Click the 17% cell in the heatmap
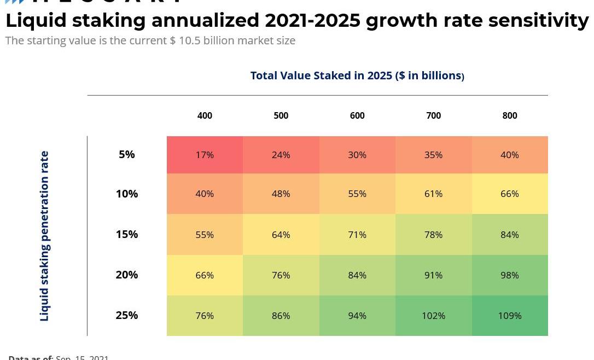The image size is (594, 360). pos(205,155)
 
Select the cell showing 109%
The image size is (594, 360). pos(510,316)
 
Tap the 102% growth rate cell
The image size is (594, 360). pos(433,316)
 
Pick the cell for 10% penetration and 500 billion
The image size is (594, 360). pos(281,194)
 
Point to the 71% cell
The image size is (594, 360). pos(357,235)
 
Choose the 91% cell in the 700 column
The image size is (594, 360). pos(433,275)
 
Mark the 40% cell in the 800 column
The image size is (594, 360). pos(510,155)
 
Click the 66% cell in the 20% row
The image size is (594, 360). pos(205,275)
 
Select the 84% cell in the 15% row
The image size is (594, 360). pos(510,235)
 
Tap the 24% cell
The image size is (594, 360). pos(281,155)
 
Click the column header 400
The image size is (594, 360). pos(205,115)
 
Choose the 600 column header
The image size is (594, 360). pos(357,115)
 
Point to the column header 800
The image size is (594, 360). pos(510,115)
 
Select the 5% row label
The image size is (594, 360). pos(127,154)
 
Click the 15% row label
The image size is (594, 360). pos(127,234)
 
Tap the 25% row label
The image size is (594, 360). pos(127,315)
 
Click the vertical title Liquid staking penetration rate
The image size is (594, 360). pos(44,236)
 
